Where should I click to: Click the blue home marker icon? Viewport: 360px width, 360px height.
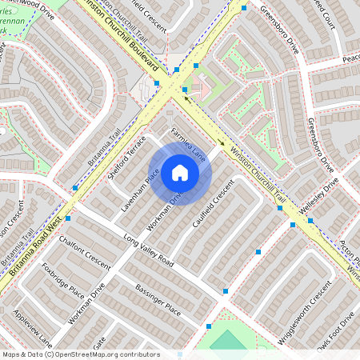click(x=180, y=173)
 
